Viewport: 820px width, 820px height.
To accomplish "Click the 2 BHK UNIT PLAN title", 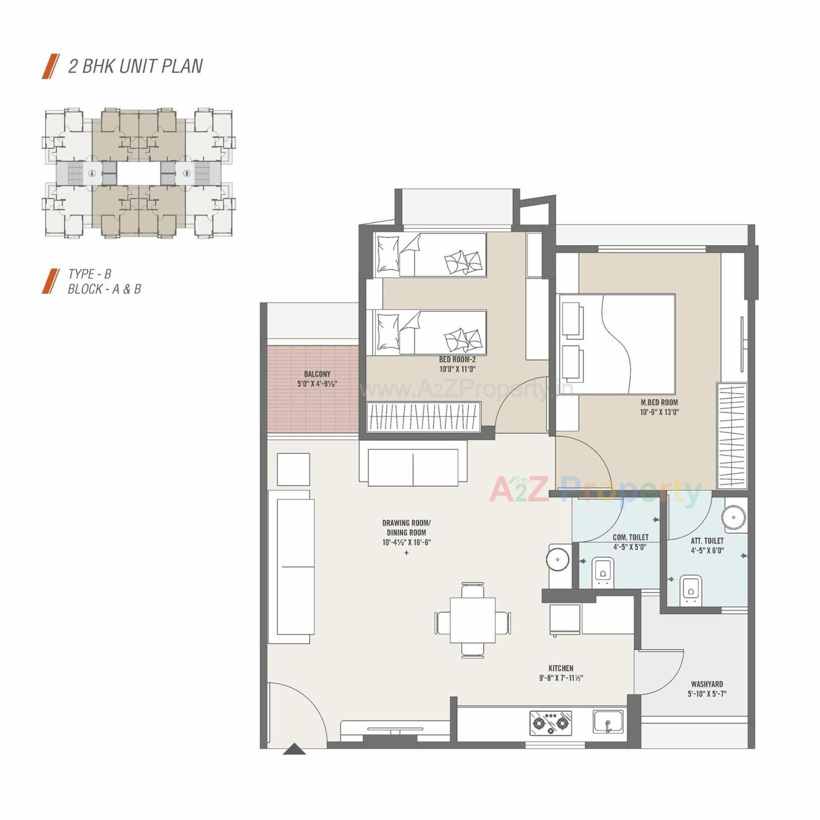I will click(135, 67).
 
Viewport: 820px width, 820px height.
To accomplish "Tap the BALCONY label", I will click(317, 374).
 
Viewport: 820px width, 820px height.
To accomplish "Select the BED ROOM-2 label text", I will click(457, 360).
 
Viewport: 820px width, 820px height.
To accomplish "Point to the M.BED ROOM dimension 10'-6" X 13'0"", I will click(659, 412).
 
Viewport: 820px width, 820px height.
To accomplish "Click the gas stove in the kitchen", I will click(551, 723).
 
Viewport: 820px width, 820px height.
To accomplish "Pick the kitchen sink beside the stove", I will click(608, 721).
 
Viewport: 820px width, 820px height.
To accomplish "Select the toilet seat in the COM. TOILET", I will click(603, 571).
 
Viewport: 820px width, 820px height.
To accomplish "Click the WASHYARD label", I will click(707, 684).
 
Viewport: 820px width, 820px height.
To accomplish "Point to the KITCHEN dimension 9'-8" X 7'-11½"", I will click(561, 678).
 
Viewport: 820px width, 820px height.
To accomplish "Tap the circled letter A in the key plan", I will click(92, 173).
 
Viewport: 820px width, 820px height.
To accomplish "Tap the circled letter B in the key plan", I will click(187, 173).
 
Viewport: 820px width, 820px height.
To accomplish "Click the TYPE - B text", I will click(90, 274).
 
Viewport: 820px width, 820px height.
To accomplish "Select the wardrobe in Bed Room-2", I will click(423, 416).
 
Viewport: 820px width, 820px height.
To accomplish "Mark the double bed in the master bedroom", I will click(617, 344).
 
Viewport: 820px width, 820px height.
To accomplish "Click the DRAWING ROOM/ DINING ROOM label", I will click(406, 527).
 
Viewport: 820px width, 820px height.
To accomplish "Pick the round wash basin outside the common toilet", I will click(557, 559).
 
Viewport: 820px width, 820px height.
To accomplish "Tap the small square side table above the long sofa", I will click(293, 469).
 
